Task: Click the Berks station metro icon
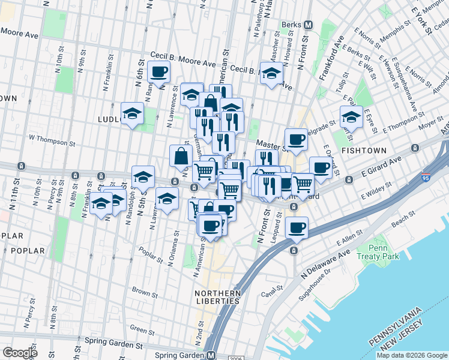tap(309, 25)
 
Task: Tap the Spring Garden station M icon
tap(211, 355)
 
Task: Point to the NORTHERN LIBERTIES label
tap(217, 298)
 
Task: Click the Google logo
tap(20, 352)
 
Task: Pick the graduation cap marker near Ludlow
tap(132, 113)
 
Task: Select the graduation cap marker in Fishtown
tap(351, 116)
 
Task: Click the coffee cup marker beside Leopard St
tap(296, 228)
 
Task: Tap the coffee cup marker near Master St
tap(296, 140)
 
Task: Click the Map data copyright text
tap(412, 355)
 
